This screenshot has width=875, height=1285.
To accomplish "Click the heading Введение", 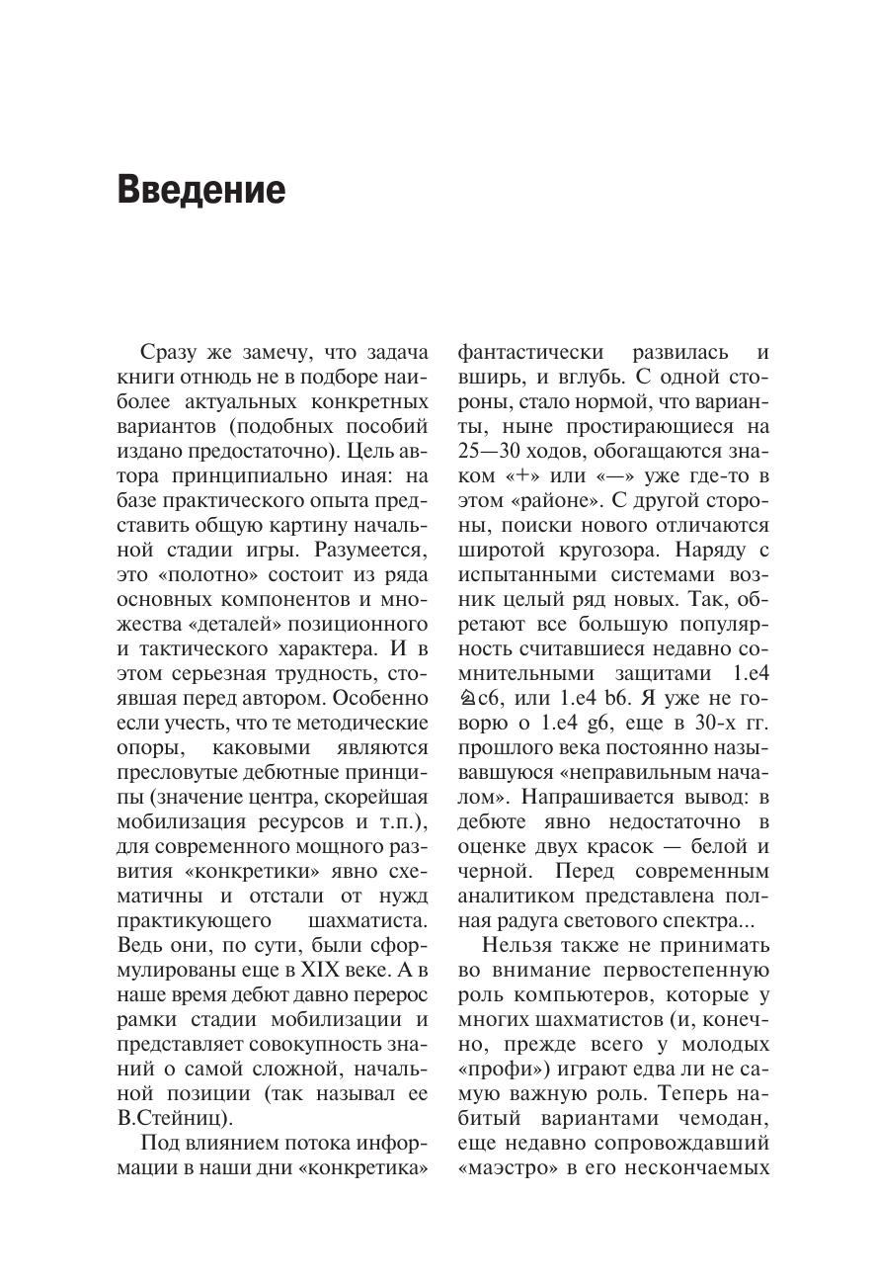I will click(x=201, y=189).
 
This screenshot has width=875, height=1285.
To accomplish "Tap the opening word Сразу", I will click(x=170, y=353).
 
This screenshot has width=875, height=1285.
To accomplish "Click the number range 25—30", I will click(x=490, y=452).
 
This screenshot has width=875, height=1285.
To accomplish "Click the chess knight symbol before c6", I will click(x=467, y=699).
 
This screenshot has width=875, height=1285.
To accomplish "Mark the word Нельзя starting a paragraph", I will click(x=517, y=946).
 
